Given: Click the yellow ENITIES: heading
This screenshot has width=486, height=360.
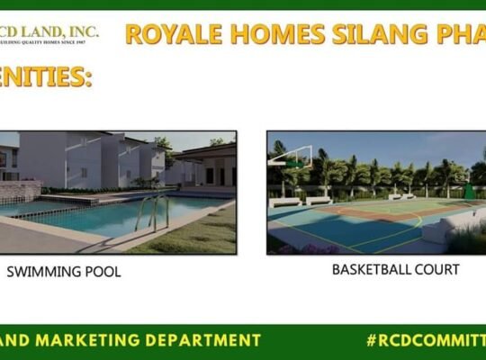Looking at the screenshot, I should click(x=45, y=77).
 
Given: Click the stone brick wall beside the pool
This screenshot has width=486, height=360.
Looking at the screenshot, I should click(x=18, y=191).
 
